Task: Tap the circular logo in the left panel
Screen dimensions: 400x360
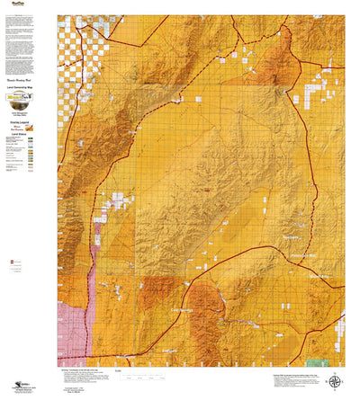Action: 27,96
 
